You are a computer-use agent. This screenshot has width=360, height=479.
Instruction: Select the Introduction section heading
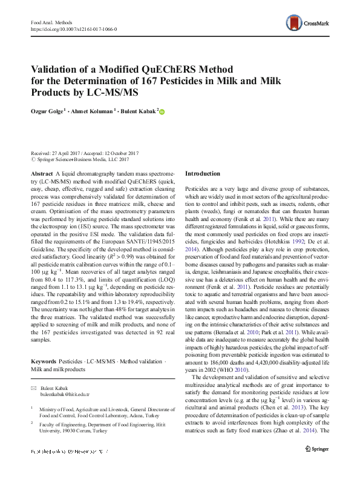[203, 174]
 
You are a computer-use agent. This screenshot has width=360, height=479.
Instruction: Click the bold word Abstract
[42, 174]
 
